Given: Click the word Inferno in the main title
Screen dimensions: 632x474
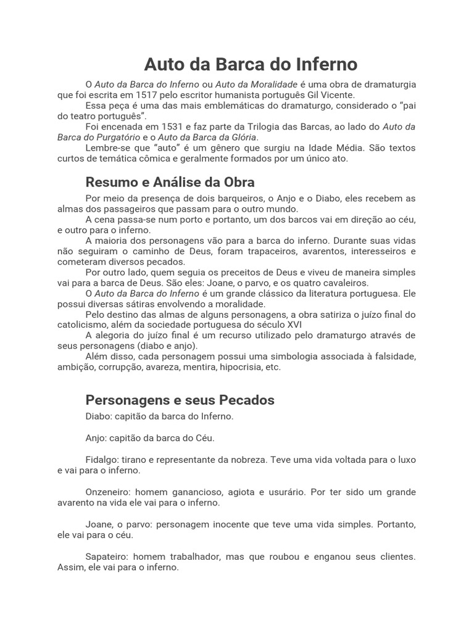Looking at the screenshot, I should pos(328,64).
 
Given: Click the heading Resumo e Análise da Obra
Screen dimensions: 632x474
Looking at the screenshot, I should pos(170,182).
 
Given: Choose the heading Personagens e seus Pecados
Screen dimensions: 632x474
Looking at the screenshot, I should pos(180,400).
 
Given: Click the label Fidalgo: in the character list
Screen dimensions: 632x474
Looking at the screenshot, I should pos(102,460).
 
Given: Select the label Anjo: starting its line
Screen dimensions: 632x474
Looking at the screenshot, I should pos(96,438).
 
